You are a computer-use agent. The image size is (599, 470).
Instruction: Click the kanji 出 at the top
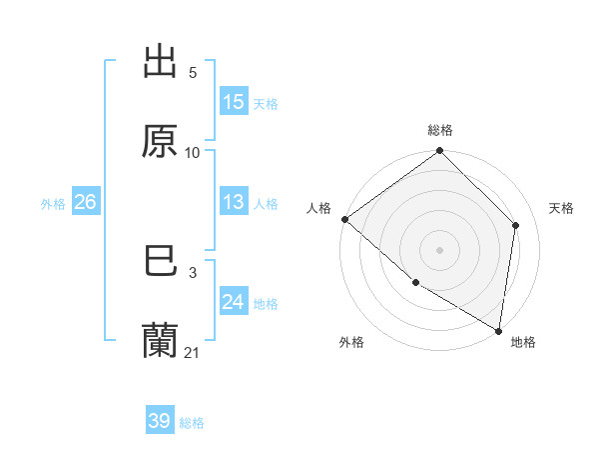click(x=160, y=63)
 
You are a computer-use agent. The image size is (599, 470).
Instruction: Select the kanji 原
click(x=160, y=142)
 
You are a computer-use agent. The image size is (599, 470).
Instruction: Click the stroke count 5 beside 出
click(x=192, y=73)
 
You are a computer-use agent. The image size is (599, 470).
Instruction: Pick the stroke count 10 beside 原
click(x=192, y=152)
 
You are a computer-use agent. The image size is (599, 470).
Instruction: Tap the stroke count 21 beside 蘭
click(x=192, y=353)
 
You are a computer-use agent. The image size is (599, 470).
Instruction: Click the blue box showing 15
click(x=234, y=102)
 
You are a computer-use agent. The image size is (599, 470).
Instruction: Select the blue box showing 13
click(x=234, y=202)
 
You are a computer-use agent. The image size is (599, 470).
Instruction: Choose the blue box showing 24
click(x=234, y=302)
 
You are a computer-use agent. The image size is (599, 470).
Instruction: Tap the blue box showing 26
click(x=85, y=202)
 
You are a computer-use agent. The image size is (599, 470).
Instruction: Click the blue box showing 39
click(x=160, y=421)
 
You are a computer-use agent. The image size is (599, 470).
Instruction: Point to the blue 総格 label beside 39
click(x=192, y=423)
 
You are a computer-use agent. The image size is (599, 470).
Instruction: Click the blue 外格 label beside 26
click(x=53, y=204)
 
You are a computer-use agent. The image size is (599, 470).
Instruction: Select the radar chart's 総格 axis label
click(x=440, y=130)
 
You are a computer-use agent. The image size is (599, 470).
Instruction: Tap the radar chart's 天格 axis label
click(x=561, y=208)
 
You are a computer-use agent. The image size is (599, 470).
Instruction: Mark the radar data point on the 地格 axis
click(x=498, y=330)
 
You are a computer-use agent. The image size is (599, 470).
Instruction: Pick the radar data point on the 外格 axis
click(x=415, y=283)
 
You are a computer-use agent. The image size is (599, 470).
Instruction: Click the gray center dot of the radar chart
click(x=440, y=249)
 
